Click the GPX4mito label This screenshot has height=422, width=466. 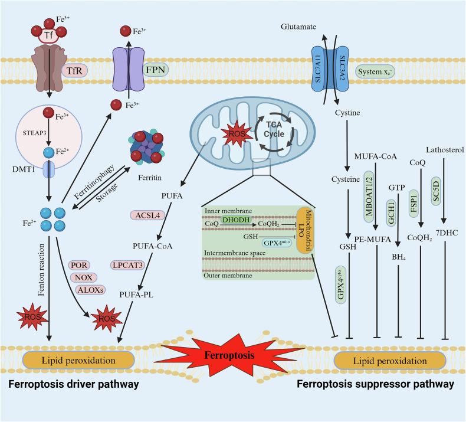[x=273, y=242]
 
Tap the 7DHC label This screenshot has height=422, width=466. [x=442, y=229]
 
